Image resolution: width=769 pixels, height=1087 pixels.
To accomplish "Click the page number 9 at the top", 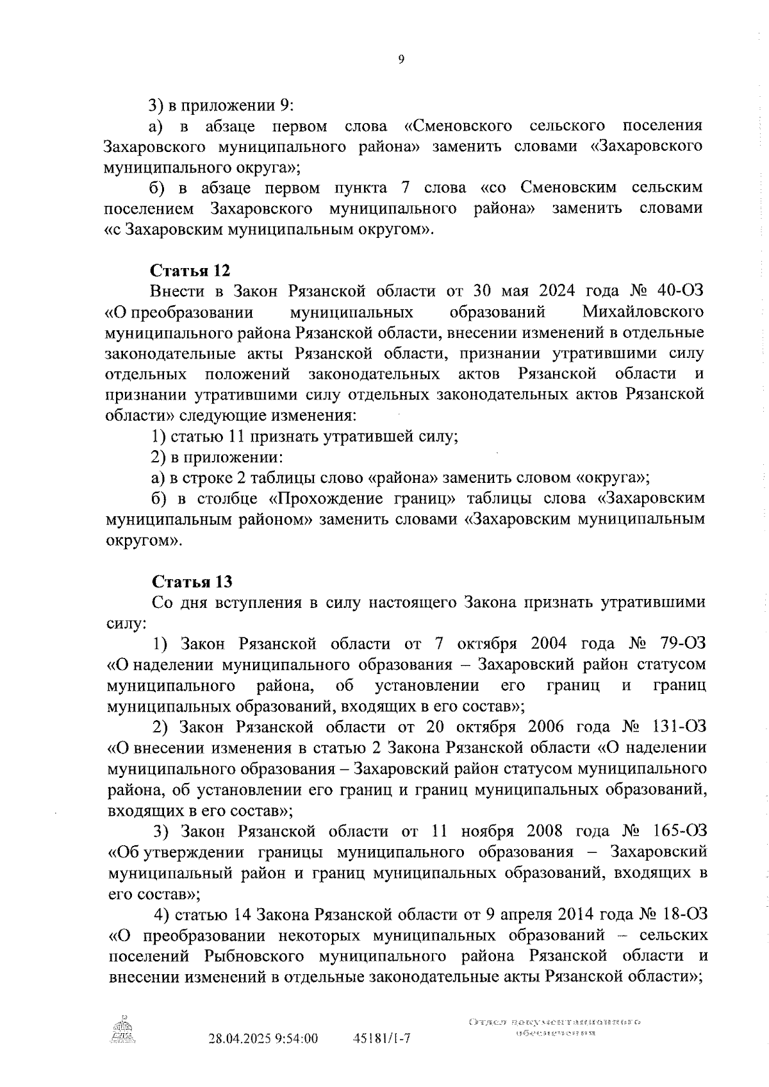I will [x=401, y=60].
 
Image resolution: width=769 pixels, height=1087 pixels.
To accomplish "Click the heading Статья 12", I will [x=190, y=270].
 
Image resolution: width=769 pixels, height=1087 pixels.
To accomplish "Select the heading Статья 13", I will [x=192, y=582].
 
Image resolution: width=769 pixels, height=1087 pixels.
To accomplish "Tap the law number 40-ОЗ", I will [x=680, y=291].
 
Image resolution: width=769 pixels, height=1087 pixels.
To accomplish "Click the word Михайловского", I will [x=643, y=312].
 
